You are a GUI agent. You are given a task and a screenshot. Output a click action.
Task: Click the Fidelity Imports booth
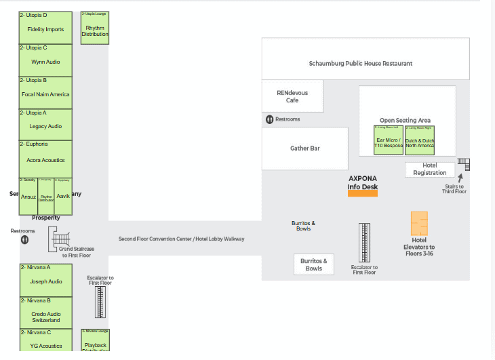[45, 28]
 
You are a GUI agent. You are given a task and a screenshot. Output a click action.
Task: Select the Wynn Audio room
[45, 61]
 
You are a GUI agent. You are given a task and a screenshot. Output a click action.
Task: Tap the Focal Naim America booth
[45, 94]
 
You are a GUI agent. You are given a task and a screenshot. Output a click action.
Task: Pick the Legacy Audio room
[45, 125]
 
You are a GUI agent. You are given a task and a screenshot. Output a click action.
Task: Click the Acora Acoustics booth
[45, 159]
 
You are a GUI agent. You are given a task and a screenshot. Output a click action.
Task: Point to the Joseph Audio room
[45, 281]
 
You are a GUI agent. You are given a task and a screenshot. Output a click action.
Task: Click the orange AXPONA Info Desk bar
[362, 193]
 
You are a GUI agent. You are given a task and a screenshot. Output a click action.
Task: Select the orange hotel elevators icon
[419, 223]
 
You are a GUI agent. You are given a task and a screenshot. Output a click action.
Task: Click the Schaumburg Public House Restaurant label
[360, 63]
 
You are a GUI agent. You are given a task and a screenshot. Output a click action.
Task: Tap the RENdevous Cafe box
[292, 96]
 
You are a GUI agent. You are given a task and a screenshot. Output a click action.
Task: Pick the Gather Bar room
[304, 148]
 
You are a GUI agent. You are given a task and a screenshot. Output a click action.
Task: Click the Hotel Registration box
[430, 169]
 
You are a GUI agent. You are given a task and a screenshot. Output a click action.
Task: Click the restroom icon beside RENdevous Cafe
[270, 119]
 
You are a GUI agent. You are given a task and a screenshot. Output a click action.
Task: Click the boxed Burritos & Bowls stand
[313, 264]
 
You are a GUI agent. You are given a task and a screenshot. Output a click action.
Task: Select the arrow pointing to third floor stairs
[460, 177]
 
